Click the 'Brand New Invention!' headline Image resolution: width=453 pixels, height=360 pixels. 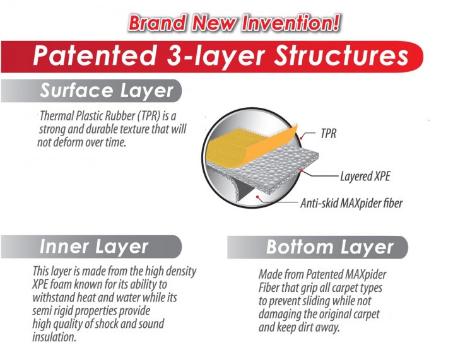pyautogui.click(x=234, y=23)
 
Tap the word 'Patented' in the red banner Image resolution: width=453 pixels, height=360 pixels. pyautogui.click(x=94, y=55)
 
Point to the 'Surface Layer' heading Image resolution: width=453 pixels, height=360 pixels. pyautogui.click(x=107, y=91)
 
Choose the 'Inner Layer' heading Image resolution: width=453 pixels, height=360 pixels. pyautogui.click(x=94, y=247)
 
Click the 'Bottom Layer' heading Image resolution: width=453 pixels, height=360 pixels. pyautogui.click(x=329, y=247)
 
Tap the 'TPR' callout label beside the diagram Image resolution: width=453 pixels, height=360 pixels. pyautogui.click(x=329, y=134)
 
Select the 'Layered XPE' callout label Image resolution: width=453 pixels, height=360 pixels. pyautogui.click(x=365, y=176)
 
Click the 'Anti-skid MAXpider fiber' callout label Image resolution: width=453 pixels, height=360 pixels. pyautogui.click(x=351, y=203)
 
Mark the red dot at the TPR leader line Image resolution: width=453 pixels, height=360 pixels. pyautogui.click(x=301, y=138)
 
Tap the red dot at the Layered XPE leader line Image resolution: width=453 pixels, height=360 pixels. pyautogui.click(x=302, y=171)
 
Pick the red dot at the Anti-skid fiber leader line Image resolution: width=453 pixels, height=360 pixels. pyautogui.click(x=257, y=197)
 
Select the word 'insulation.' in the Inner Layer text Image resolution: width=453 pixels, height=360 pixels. pyautogui.click(x=54, y=337)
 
